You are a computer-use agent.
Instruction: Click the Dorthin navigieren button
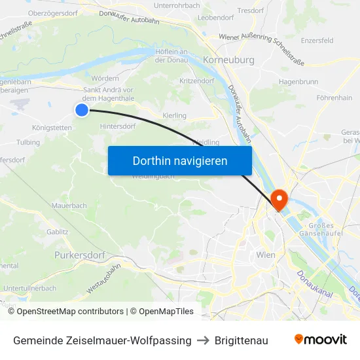point(180,160)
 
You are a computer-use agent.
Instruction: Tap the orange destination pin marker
point(278,199)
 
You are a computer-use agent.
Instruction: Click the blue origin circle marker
point(82,110)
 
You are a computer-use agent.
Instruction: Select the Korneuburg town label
point(229,60)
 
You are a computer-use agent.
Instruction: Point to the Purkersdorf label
point(81,255)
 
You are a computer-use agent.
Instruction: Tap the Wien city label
point(266,255)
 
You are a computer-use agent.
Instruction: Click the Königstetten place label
point(52,128)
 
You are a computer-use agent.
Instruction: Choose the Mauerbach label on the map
point(69,206)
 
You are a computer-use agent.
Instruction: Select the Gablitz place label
point(58,232)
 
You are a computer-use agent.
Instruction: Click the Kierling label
point(174,115)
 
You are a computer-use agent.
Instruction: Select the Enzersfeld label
point(317,41)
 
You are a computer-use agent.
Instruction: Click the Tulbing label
point(28,142)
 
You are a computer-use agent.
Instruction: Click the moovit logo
point(321,340)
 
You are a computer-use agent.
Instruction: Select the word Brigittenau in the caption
point(242,340)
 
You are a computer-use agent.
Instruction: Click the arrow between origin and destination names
point(203,340)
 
